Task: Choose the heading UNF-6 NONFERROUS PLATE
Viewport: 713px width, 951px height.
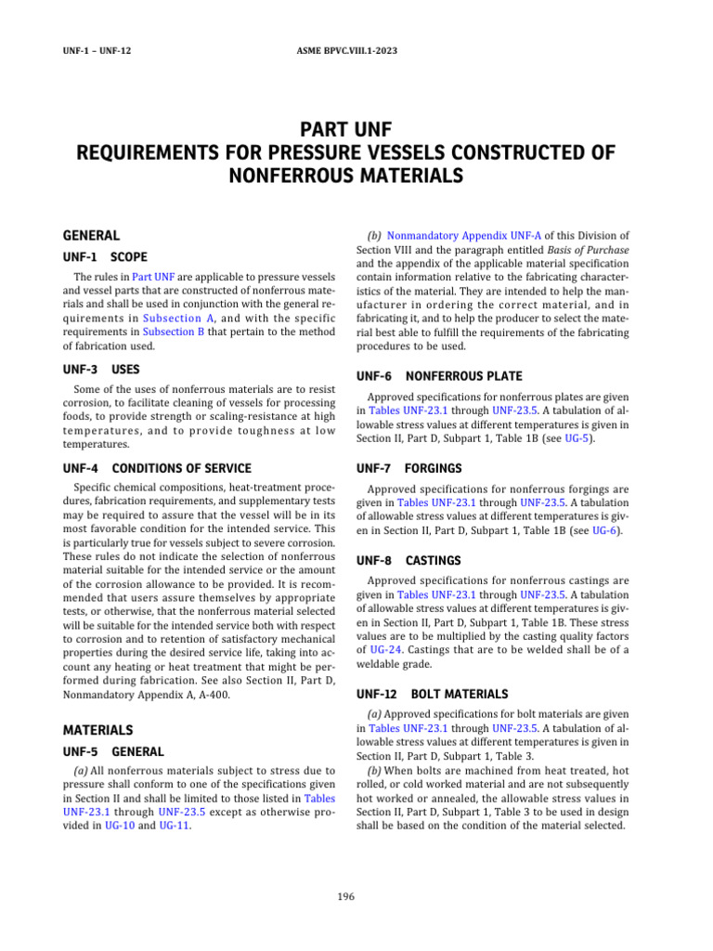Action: tap(439, 376)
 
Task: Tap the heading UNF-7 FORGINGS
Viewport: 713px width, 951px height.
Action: tap(408, 468)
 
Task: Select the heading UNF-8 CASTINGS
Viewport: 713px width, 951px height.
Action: tap(408, 561)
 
